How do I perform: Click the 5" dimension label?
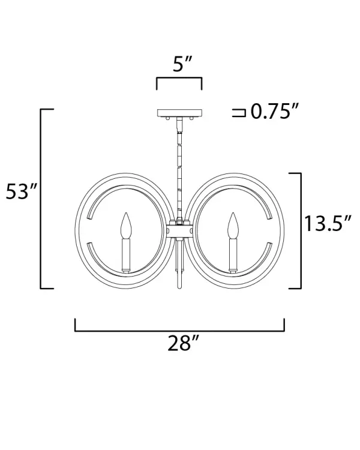pyautogui.click(x=182, y=64)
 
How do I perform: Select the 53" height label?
pyautogui.click(x=22, y=191)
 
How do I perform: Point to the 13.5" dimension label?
pyautogui.click(x=328, y=223)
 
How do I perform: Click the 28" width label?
pyautogui.click(x=183, y=343)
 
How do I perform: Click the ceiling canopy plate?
pyautogui.click(x=179, y=113)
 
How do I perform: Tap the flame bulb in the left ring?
pyautogui.click(x=126, y=226)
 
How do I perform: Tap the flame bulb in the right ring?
pyautogui.click(x=233, y=226)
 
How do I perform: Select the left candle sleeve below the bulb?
pyautogui.click(x=126, y=256)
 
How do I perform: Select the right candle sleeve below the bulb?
pyautogui.click(x=233, y=256)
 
